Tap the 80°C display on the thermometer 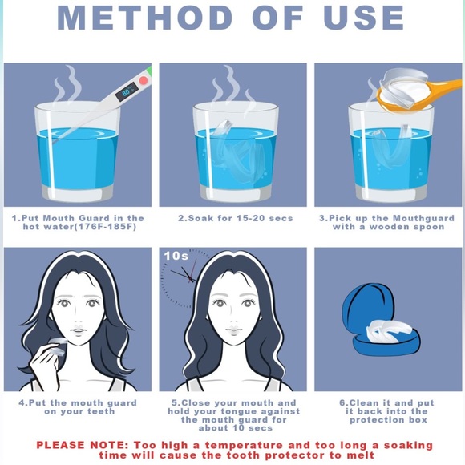[127, 91]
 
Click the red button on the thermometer [144, 80]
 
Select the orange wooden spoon [415, 95]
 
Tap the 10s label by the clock [176, 256]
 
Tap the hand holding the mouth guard [44, 360]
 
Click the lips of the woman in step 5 [234, 330]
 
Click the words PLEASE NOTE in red [83, 445]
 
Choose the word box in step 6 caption [418, 420]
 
